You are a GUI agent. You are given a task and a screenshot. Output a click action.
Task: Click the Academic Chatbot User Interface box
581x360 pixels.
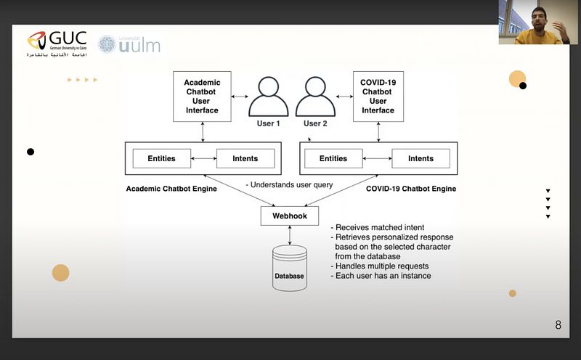coord(202,96)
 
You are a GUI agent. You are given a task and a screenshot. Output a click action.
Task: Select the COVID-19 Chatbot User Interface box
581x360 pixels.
coord(378,96)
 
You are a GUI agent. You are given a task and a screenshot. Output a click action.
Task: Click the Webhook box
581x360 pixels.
coord(290,216)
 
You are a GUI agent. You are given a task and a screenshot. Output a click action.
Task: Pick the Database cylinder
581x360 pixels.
coord(289,269)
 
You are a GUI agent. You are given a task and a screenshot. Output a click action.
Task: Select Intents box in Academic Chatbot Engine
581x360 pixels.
coord(245,158)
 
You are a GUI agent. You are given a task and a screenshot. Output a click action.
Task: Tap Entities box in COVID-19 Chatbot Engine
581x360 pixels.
coord(333,158)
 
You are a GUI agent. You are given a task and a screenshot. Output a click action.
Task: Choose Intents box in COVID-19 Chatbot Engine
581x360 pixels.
coord(420,158)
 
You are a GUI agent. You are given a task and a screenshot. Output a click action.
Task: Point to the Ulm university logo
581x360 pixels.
coord(129,44)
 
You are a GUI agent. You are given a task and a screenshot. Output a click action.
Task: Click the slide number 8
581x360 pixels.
coord(558,325)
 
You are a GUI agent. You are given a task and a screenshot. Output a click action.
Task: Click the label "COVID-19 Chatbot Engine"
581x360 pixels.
coord(411,189)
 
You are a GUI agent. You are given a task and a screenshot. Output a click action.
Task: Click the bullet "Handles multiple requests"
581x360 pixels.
coord(382,266)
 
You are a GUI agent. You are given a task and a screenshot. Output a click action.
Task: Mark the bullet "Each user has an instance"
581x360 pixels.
coord(381,276)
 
